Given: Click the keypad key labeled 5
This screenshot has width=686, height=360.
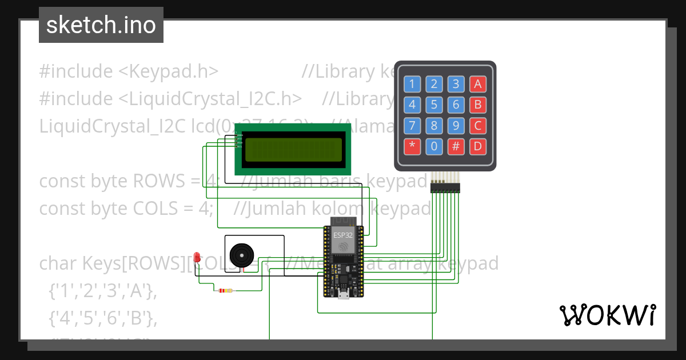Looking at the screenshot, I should pos(434,105).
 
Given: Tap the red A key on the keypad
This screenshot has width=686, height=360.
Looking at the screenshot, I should pos(478,85).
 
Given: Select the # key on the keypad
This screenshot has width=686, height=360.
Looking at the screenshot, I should pos(456,147).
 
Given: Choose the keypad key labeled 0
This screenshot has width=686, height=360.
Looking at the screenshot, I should pos(434,147).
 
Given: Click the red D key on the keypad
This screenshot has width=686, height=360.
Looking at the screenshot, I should pos(478,147).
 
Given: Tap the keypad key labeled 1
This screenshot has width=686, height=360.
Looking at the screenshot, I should pos(412,85).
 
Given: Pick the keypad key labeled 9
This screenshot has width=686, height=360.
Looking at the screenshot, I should pos(456,126).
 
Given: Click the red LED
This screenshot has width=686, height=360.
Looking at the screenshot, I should pos(197,257).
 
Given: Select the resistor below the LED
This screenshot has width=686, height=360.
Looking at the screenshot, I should pos(226,291).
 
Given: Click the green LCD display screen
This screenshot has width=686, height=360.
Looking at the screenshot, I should pos(293,150).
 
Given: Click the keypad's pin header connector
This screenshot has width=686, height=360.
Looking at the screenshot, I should pos(445,186).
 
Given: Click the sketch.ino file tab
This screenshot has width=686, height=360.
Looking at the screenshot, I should pos(101,25).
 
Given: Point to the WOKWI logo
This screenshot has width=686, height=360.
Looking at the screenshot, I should pos(607,315).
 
